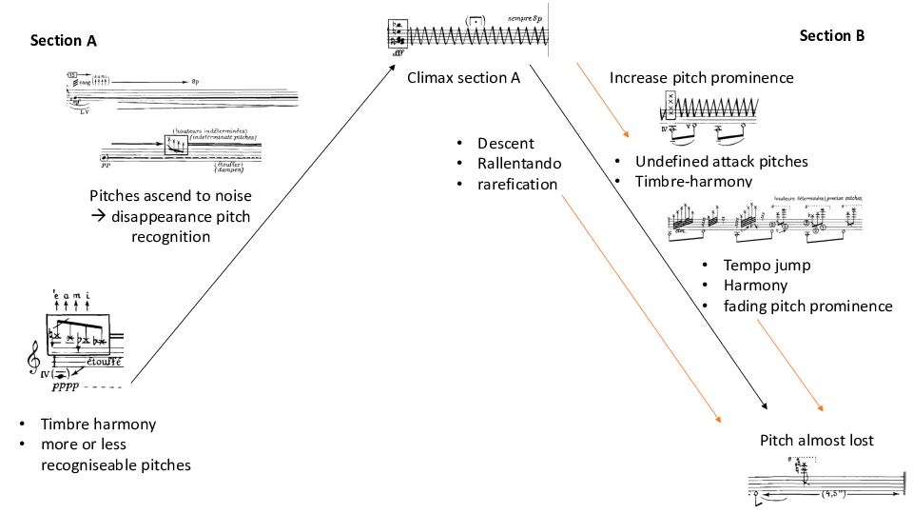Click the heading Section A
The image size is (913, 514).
[x=63, y=41]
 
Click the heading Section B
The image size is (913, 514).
[x=831, y=36]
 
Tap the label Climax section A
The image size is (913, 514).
[x=463, y=77]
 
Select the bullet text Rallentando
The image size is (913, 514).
[x=519, y=164]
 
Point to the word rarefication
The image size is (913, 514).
[x=517, y=184]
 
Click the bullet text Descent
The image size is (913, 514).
[x=506, y=144]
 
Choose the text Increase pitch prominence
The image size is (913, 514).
[x=701, y=77]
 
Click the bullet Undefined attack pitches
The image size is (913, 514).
[x=722, y=162]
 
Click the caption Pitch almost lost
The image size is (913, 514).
[x=816, y=441]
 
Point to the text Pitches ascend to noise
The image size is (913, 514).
[x=170, y=196]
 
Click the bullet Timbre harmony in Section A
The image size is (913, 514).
[x=98, y=425]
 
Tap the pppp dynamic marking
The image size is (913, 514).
[x=68, y=388]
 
